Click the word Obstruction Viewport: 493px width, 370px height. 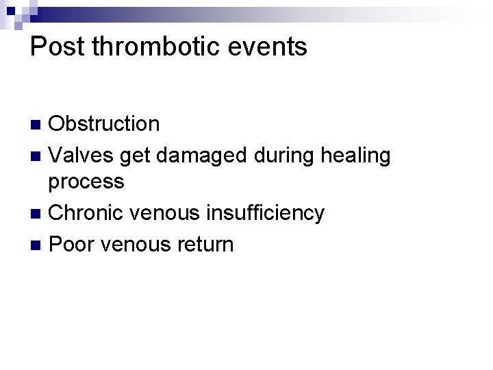(104, 124)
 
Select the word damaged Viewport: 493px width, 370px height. (202, 156)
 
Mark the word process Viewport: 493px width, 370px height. (86, 182)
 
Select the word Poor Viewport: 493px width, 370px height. (72, 244)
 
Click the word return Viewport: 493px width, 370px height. (205, 244)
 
